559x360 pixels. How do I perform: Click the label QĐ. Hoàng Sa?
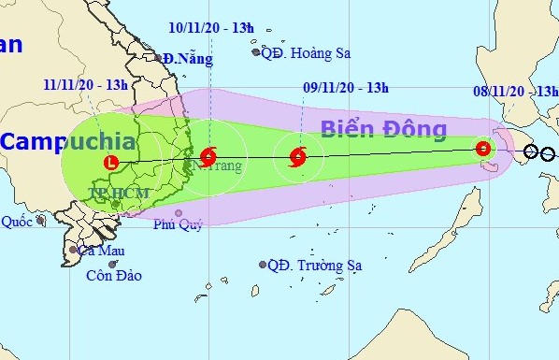point(307,53)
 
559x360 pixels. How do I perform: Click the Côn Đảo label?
point(111,276)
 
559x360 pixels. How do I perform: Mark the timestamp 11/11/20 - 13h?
point(85,84)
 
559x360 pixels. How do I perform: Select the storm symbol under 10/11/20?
point(208,155)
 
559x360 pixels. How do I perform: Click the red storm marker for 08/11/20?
point(483,148)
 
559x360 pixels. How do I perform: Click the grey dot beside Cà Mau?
point(73,250)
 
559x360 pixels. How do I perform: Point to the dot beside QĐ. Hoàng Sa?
point(257,52)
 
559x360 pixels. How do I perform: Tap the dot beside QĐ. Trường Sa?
point(263,266)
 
